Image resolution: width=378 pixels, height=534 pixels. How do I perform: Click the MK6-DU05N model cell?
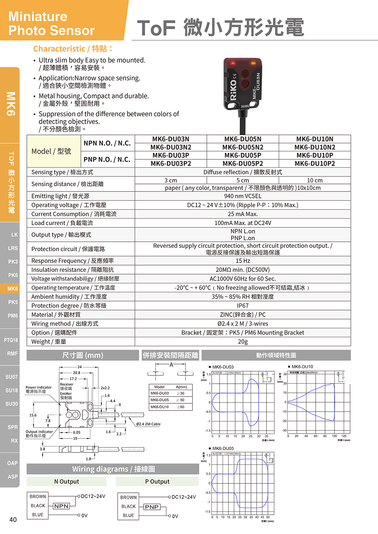[x=243, y=139]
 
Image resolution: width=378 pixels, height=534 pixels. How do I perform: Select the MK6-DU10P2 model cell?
[x=314, y=164]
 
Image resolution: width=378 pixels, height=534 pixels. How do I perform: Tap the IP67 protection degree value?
[x=243, y=306]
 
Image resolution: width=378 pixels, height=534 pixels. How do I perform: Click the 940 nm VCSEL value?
[x=243, y=196]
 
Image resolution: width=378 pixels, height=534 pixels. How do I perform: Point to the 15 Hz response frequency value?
[x=243, y=261]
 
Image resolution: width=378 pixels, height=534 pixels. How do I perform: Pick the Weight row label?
[x=49, y=341]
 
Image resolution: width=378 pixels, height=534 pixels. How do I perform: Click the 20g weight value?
[x=243, y=341]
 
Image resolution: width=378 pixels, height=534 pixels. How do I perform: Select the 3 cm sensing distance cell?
[x=170, y=180]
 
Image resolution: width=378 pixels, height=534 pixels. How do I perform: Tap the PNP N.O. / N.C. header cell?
[x=107, y=159]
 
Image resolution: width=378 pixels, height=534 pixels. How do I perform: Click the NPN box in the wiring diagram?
[x=61, y=506]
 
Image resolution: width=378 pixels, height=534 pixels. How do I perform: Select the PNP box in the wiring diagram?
[x=152, y=507]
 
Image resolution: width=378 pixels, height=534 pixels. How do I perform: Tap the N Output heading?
[x=67, y=482]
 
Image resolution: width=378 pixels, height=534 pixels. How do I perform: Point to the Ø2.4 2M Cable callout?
[x=148, y=424]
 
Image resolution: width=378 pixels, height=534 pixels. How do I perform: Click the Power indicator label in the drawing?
[x=39, y=389]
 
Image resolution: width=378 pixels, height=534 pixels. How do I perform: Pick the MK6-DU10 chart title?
[x=302, y=367]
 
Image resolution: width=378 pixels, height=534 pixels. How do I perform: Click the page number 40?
[x=13, y=520]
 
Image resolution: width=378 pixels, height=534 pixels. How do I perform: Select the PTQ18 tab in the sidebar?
[x=11, y=340]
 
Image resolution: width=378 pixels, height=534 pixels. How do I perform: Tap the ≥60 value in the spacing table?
[x=182, y=407]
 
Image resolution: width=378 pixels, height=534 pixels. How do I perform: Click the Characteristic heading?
[x=73, y=49]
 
